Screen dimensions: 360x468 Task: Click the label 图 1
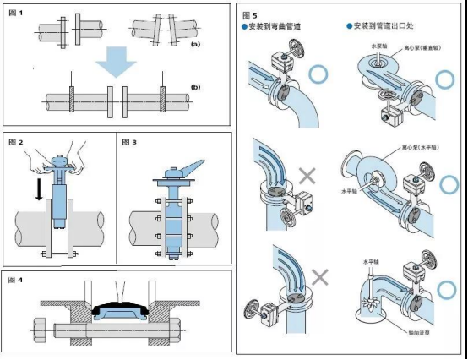(x=16, y=13)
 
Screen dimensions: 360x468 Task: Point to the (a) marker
(x=195, y=43)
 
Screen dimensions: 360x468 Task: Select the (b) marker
(x=195, y=86)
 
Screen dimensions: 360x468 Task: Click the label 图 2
(x=15, y=141)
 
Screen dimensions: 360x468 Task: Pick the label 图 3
(x=129, y=141)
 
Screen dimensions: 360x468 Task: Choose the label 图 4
(x=15, y=280)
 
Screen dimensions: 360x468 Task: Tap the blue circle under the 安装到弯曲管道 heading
(x=318, y=74)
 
